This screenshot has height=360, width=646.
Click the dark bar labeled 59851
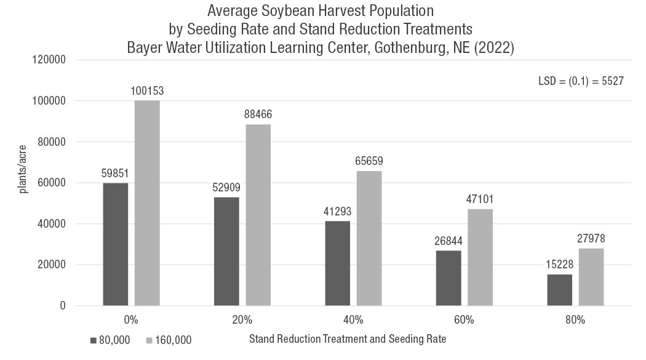click(x=116, y=244)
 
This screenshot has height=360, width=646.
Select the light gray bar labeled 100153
click(x=147, y=203)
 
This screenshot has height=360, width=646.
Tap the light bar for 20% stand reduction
click(x=258, y=215)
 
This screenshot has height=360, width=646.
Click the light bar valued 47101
click(x=480, y=257)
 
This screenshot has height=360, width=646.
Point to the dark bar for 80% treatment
click(x=559, y=290)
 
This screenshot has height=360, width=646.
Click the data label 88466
click(x=258, y=114)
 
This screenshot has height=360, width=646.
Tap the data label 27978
click(x=591, y=238)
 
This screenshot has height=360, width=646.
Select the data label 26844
click(x=448, y=241)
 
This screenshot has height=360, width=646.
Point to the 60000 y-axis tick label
click(x=50, y=183)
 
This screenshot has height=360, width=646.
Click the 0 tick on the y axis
click(x=63, y=306)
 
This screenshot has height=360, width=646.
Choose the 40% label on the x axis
click(x=353, y=320)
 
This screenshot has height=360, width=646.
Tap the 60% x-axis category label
click(x=464, y=320)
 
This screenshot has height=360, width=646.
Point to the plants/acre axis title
click(x=23, y=175)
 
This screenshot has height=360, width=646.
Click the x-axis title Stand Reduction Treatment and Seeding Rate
click(x=348, y=338)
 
